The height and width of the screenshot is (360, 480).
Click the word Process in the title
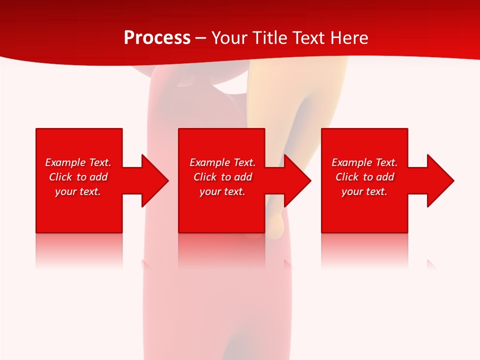[x=157, y=37]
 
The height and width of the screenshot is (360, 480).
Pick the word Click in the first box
[x=61, y=177]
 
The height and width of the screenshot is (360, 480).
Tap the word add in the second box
[x=243, y=177]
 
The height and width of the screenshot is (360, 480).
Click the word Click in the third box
[x=347, y=177]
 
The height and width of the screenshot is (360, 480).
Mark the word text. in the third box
[x=376, y=191]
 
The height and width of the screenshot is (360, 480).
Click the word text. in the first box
[x=89, y=191]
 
